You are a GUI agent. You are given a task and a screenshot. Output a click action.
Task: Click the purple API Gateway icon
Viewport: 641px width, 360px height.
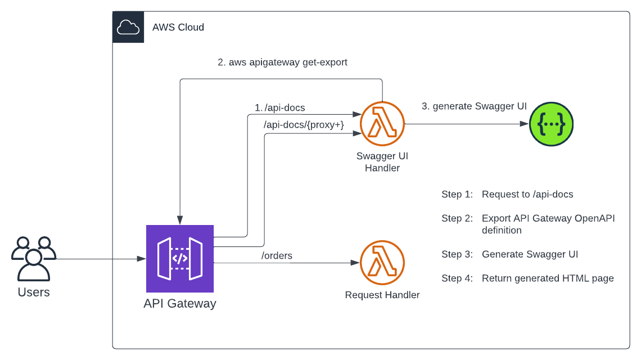180,259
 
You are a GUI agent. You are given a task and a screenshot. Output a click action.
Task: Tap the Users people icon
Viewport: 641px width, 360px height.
34,258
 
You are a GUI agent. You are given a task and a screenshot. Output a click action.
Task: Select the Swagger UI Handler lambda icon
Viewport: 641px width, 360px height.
382,124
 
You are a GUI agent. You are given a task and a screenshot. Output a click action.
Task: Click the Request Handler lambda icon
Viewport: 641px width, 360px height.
382,263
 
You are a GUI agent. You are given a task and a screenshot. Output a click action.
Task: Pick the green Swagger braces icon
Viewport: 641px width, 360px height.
551,124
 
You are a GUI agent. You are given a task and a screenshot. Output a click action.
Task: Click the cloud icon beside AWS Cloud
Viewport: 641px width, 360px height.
128,27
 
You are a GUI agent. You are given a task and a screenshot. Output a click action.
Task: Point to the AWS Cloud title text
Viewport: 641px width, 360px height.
178,27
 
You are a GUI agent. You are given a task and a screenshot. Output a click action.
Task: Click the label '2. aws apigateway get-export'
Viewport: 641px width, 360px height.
282,62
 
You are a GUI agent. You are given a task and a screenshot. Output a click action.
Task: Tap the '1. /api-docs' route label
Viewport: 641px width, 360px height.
279,107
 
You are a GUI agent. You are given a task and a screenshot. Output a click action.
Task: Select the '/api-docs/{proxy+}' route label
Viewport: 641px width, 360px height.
304,125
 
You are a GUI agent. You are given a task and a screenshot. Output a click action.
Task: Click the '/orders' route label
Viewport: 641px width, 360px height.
277,256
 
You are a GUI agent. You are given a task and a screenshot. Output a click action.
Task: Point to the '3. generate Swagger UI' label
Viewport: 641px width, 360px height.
474,106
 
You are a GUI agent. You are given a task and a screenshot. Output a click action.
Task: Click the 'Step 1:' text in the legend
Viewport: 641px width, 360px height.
457,195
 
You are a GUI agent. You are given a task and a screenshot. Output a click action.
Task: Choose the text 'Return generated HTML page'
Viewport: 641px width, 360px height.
548,278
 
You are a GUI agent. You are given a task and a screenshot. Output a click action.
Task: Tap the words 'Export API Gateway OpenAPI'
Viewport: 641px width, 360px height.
548,218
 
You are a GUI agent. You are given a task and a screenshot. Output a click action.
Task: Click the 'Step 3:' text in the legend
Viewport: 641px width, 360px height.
457,254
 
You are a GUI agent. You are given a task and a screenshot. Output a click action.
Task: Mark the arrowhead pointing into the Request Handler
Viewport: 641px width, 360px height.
356,263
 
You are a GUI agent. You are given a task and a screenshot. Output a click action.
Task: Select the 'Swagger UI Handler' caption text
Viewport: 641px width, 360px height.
382,161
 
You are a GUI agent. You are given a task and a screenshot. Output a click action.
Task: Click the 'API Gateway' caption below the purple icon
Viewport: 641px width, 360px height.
180,304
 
